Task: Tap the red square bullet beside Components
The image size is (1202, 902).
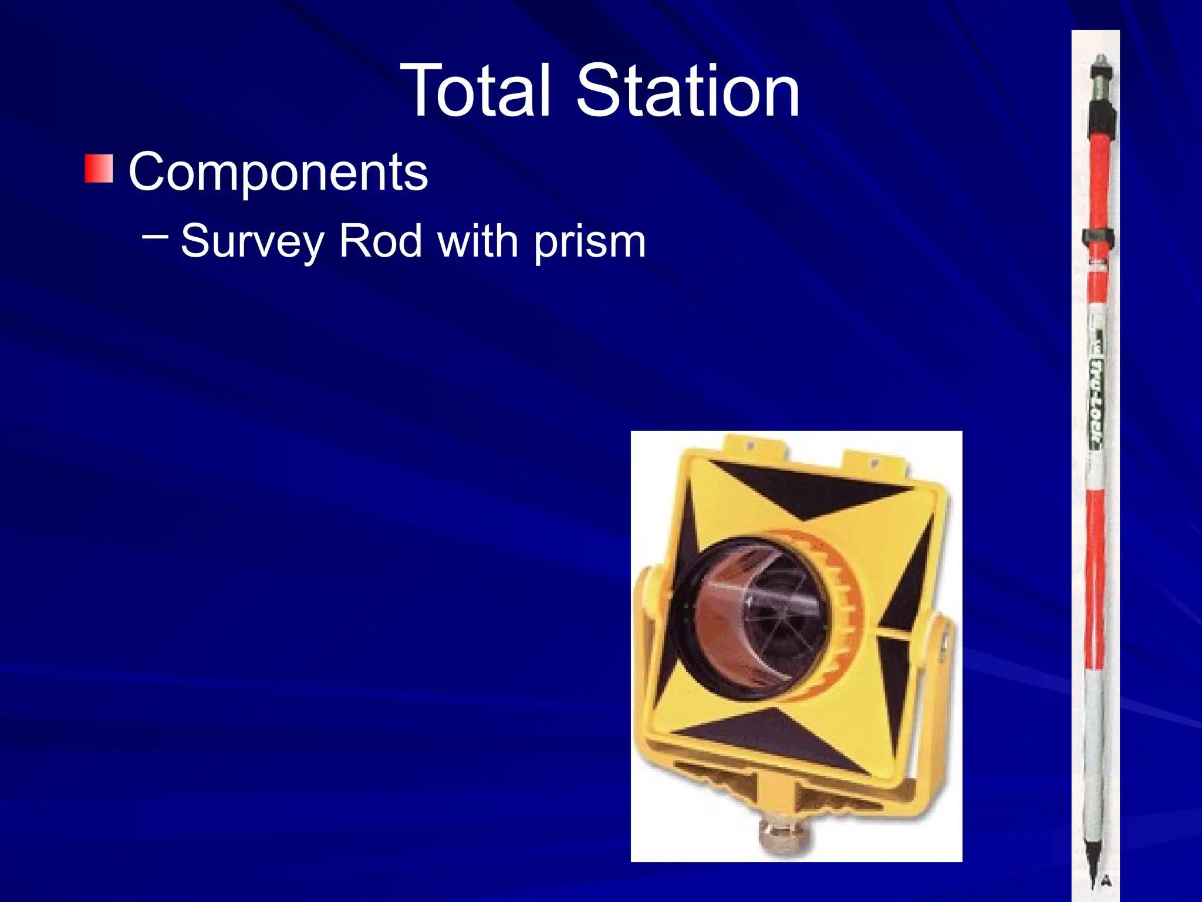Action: point(99,169)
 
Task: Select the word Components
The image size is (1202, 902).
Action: point(278,172)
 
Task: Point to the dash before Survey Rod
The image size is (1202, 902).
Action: point(155,236)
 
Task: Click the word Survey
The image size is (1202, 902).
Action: point(252,241)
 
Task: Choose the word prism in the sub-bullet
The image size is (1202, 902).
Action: point(589,242)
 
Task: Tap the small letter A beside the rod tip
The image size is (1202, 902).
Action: point(1106,880)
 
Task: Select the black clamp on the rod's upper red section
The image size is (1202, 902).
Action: point(1098,238)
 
